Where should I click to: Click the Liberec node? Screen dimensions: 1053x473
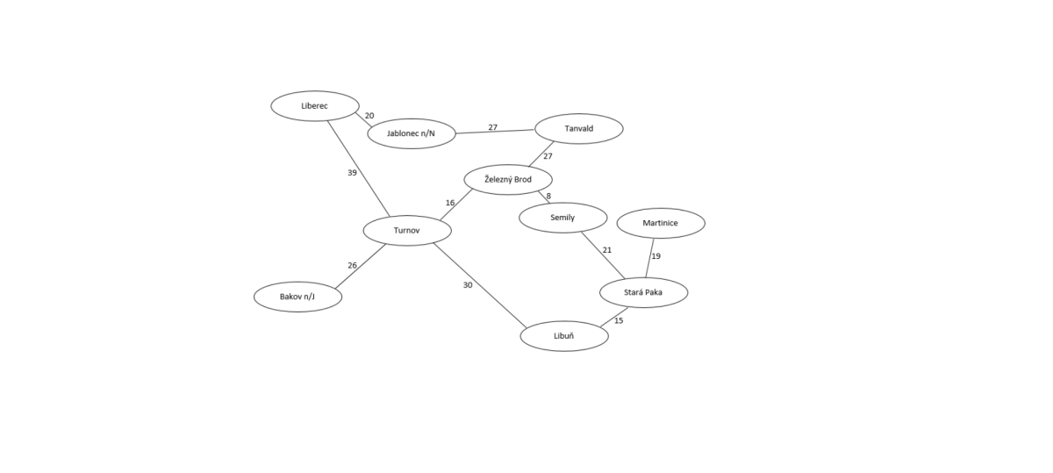(x=315, y=106)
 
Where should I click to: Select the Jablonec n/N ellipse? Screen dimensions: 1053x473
(x=412, y=133)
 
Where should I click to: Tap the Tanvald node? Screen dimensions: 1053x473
(x=579, y=128)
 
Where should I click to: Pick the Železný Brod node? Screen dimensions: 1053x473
(x=508, y=179)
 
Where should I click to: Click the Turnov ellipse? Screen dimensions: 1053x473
(x=407, y=231)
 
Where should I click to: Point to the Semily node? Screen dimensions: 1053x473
(x=563, y=218)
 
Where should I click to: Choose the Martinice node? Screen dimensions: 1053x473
(x=661, y=223)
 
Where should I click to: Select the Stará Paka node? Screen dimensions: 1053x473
(x=643, y=292)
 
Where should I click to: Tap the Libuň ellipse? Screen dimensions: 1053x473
(x=564, y=336)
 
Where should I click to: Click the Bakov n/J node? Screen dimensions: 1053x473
(x=298, y=297)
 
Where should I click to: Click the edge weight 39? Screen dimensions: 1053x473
(x=352, y=173)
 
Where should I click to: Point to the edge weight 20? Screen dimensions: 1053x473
(x=369, y=116)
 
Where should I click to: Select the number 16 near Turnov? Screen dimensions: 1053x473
(x=450, y=203)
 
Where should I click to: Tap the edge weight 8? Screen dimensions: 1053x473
(x=548, y=196)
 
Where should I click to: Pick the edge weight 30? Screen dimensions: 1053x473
(x=467, y=285)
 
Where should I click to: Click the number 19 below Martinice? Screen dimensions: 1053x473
(x=655, y=256)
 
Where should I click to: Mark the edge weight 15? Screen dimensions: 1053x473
(x=619, y=320)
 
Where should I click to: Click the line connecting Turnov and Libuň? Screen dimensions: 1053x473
(x=479, y=285)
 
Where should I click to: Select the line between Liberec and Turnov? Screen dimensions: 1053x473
(x=359, y=168)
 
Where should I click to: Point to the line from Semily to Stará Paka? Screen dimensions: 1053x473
(x=603, y=255)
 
